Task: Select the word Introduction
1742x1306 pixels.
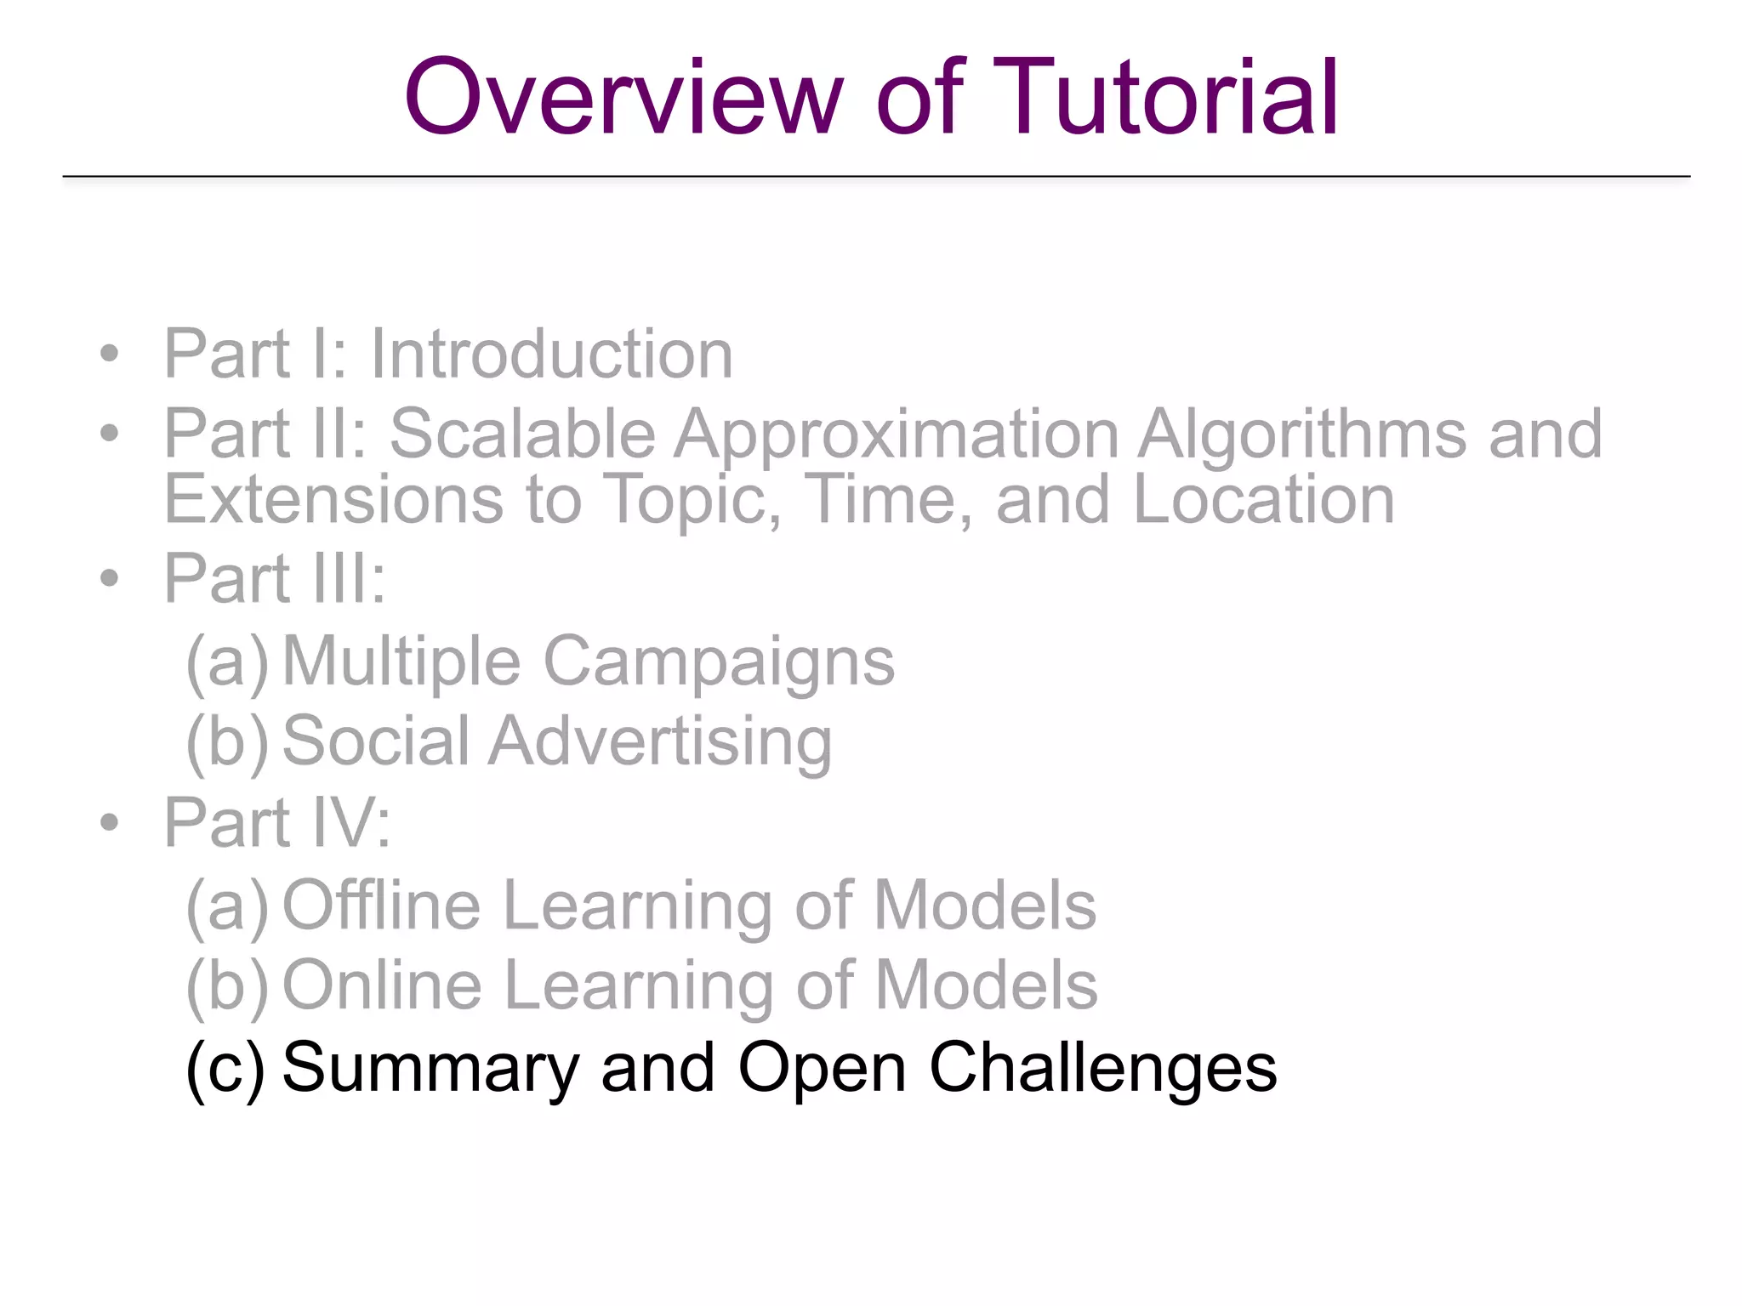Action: pyautogui.click(x=551, y=354)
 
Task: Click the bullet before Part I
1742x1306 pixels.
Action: pyautogui.click(x=109, y=354)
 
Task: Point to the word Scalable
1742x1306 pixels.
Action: pyautogui.click(x=521, y=434)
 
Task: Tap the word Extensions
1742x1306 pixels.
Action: pyautogui.click(x=333, y=499)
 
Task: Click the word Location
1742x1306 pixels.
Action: pyautogui.click(x=1263, y=499)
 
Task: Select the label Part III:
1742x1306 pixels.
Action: pyautogui.click(x=275, y=579)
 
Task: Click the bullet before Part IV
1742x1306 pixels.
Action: pyautogui.click(x=109, y=822)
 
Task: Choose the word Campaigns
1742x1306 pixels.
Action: pyautogui.click(x=719, y=662)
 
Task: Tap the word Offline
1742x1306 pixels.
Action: pyautogui.click(x=381, y=906)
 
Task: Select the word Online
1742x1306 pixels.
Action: pyautogui.click(x=382, y=985)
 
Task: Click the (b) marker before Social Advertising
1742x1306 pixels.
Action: pyautogui.click(x=227, y=742)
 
